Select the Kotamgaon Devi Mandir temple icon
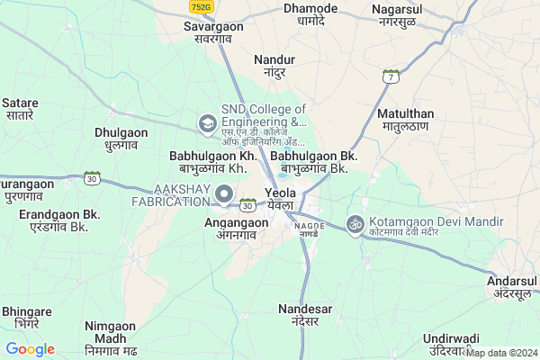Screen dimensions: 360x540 [x=355, y=222]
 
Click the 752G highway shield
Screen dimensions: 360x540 [x=201, y=6]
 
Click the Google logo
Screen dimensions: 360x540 [x=30, y=349]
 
